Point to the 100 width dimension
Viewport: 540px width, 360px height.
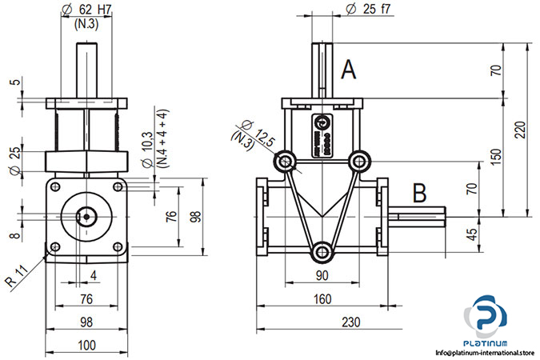(87, 345)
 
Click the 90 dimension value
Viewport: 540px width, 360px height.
(323, 275)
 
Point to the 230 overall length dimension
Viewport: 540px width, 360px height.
(349, 321)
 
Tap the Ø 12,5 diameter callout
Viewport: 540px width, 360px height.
(258, 132)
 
